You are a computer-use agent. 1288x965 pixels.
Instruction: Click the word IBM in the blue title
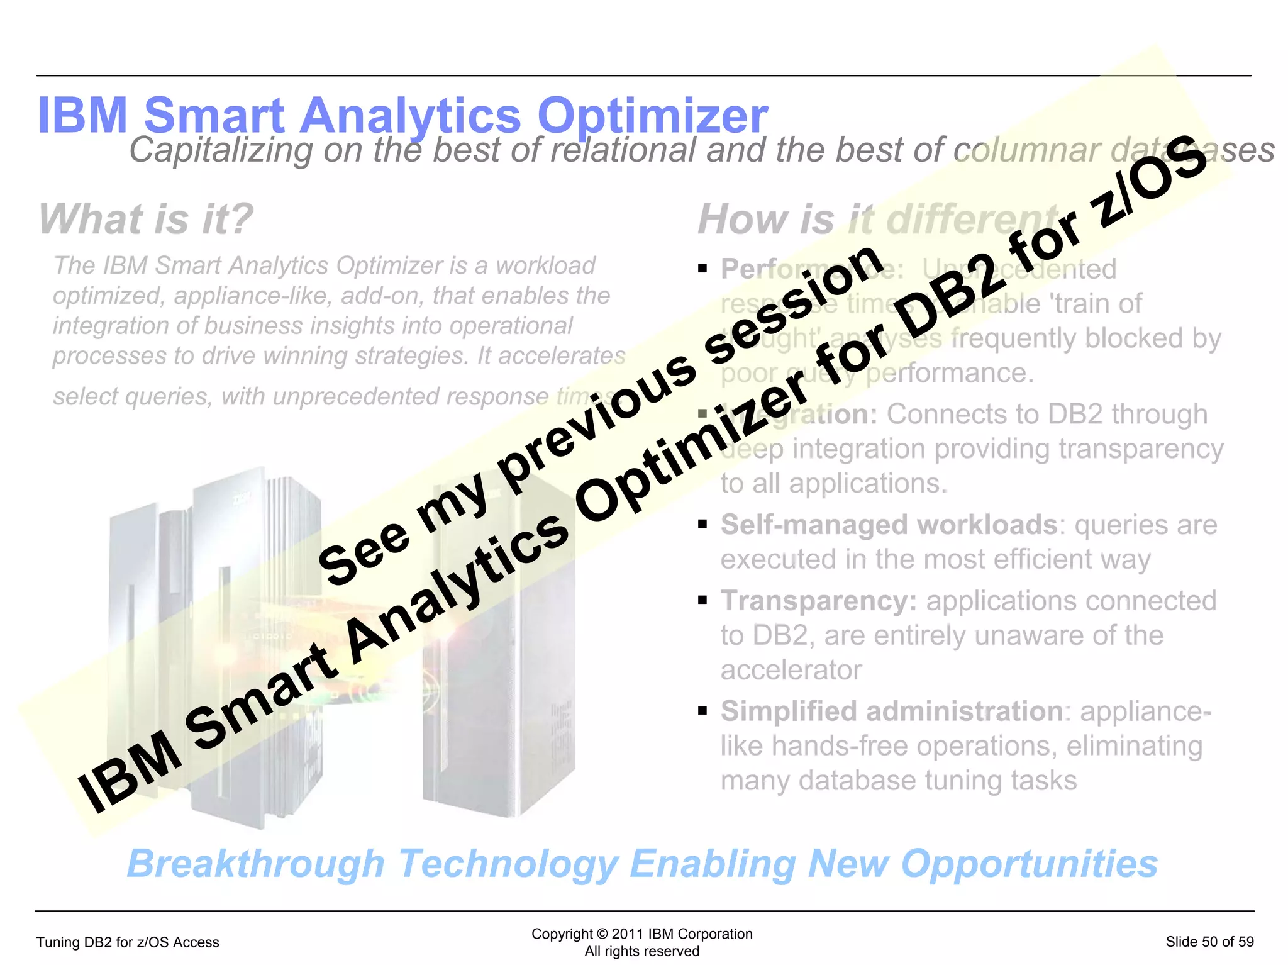(x=82, y=116)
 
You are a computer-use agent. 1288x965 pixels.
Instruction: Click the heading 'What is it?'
(x=146, y=219)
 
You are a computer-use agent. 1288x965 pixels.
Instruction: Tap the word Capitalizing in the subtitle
(x=221, y=151)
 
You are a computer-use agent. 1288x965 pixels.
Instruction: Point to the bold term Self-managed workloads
(x=889, y=525)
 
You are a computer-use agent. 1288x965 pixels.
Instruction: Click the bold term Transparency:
(x=819, y=601)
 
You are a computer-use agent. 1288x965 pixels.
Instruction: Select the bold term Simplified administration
(x=891, y=711)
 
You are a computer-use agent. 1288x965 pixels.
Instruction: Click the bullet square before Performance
(x=702, y=269)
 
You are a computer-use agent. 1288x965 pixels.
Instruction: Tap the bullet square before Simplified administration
(x=702, y=711)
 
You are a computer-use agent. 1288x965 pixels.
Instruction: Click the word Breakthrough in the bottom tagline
(x=255, y=864)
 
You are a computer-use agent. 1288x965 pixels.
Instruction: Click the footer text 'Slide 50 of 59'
(x=1209, y=942)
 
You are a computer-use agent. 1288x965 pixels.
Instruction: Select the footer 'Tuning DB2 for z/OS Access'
(x=128, y=942)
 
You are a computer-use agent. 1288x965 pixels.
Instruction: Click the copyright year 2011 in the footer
(x=627, y=934)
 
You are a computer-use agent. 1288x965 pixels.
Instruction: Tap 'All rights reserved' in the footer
(x=641, y=951)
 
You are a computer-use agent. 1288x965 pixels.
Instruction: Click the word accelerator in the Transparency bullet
(x=791, y=670)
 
